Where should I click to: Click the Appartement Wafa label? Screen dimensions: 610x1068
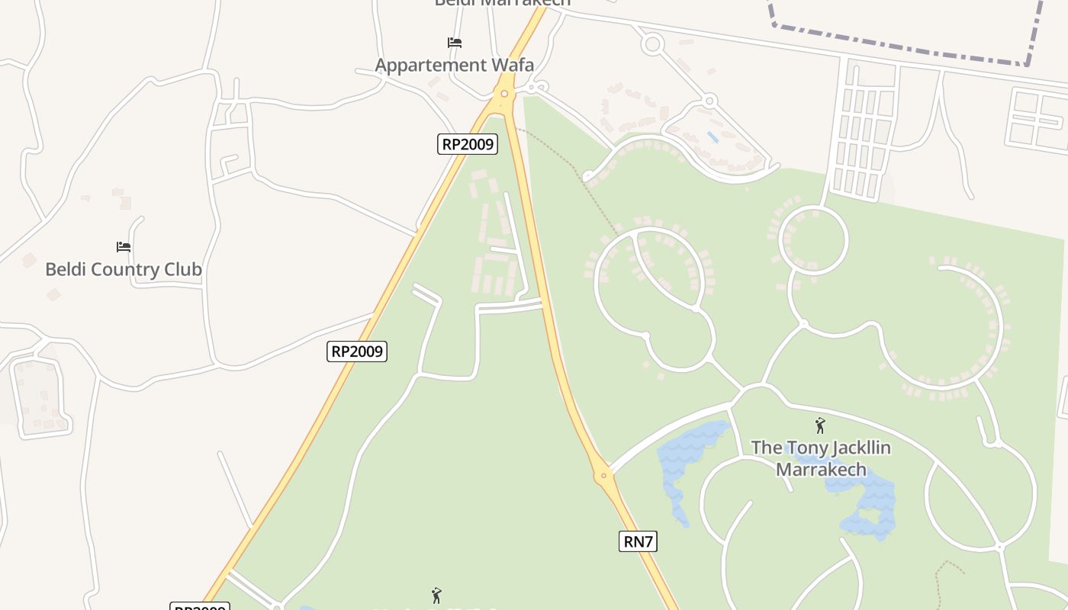[x=454, y=65]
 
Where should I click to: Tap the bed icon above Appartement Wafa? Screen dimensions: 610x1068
[x=455, y=42]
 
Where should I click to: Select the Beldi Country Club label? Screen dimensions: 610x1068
[x=124, y=269]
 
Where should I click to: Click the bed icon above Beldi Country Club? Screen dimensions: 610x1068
[x=124, y=246]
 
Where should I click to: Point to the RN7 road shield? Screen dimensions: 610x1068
[x=638, y=541]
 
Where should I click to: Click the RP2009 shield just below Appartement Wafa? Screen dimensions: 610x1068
[x=467, y=143]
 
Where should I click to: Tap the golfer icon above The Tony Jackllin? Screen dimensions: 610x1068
[x=820, y=425]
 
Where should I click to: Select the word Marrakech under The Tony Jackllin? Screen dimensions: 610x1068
[x=821, y=468]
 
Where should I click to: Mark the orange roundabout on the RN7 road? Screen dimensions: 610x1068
[x=603, y=475]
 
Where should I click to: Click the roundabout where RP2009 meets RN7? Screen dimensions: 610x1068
[x=503, y=94]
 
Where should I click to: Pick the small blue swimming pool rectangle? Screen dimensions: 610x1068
[x=713, y=137]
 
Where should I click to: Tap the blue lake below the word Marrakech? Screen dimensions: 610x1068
[x=870, y=507]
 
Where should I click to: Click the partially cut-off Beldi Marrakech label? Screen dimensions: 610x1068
[x=502, y=3]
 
